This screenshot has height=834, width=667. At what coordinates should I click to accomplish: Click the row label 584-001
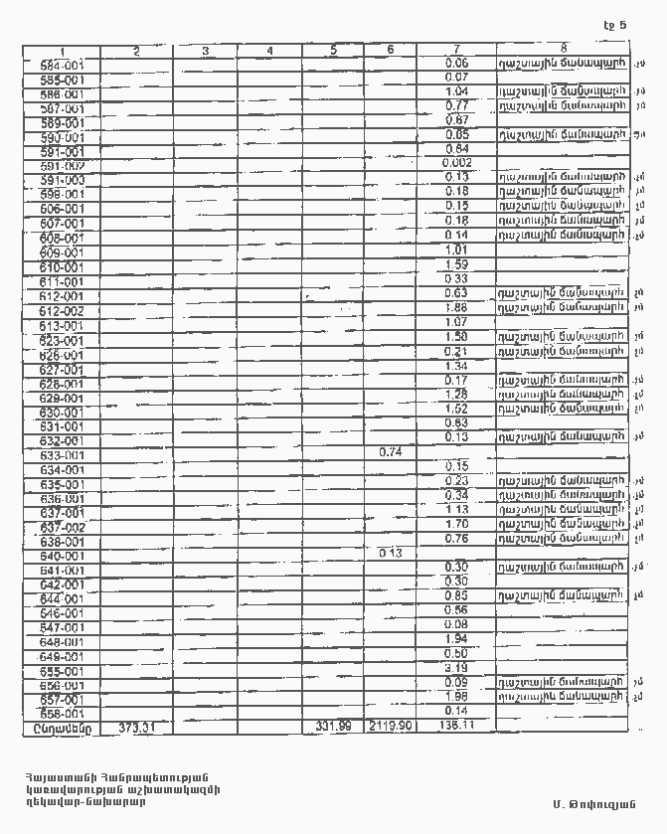coord(62,65)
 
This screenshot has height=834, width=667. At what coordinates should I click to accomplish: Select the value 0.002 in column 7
coord(457,163)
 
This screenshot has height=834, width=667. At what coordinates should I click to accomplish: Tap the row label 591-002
coord(62,166)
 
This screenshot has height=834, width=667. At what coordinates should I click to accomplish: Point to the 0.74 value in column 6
coord(391,452)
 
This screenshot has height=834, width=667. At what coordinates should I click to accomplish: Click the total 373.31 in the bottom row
coord(137,726)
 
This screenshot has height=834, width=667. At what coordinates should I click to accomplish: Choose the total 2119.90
coord(391,726)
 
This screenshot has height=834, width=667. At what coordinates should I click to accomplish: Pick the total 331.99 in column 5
coord(333,726)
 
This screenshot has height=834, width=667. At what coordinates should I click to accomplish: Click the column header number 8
coord(563,50)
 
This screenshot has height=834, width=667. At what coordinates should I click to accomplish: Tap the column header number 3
coord(204,51)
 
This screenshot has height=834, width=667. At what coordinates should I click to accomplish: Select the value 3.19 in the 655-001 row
coord(457,668)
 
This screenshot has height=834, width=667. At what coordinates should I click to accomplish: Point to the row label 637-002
coord(62,527)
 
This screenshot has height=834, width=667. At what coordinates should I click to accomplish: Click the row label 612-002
coord(62,311)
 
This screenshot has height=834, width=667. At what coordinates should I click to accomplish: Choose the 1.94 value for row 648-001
coord(457,639)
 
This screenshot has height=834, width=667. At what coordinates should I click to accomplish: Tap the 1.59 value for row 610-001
coord(457,265)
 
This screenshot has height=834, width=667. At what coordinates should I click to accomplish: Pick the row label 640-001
coord(62,557)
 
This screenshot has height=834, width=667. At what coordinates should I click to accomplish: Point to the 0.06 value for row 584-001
coord(457,63)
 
